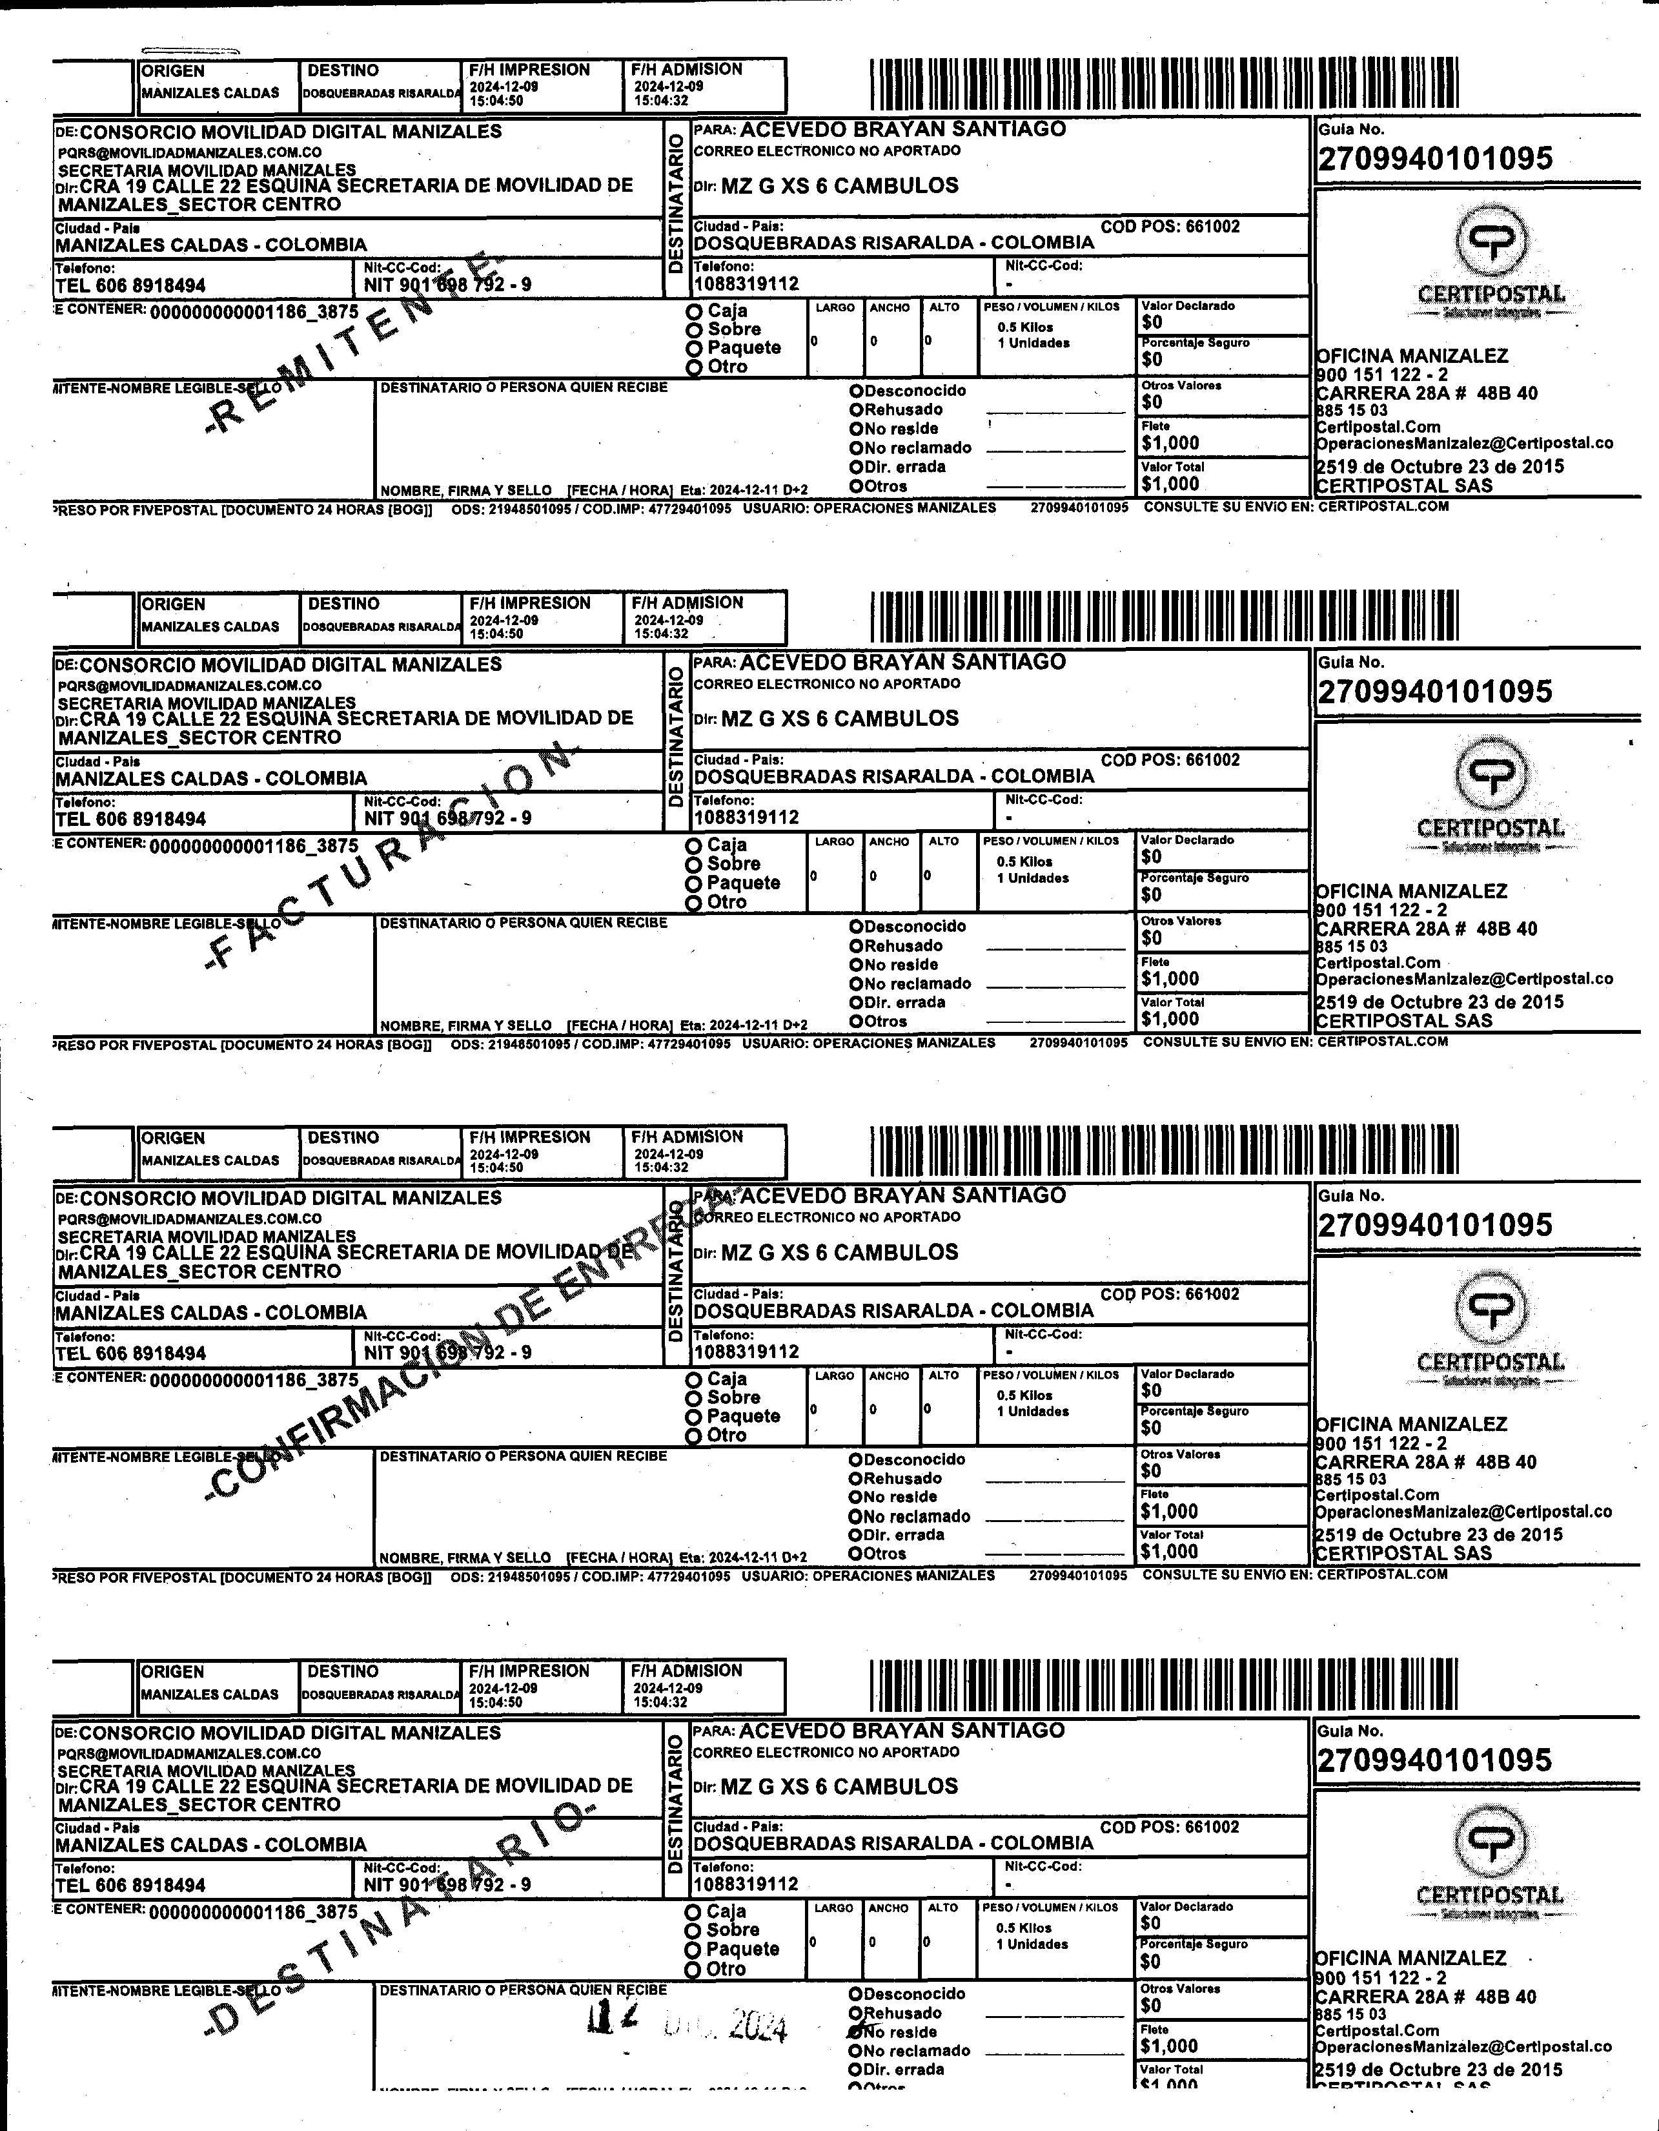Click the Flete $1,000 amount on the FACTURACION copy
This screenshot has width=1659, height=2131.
pyautogui.click(x=1170, y=979)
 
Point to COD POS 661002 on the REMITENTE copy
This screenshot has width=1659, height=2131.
pyautogui.click(x=1170, y=227)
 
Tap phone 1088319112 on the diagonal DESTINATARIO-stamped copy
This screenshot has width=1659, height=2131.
pyautogui.click(x=746, y=1884)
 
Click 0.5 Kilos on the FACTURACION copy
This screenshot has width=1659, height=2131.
pyautogui.click(x=1024, y=861)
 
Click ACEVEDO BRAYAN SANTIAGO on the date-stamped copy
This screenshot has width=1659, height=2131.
pyautogui.click(x=902, y=1731)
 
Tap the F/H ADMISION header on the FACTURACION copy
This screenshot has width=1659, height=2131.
pyautogui.click(x=687, y=603)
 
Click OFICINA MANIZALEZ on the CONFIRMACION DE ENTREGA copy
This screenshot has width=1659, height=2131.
pyautogui.click(x=1410, y=1425)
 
